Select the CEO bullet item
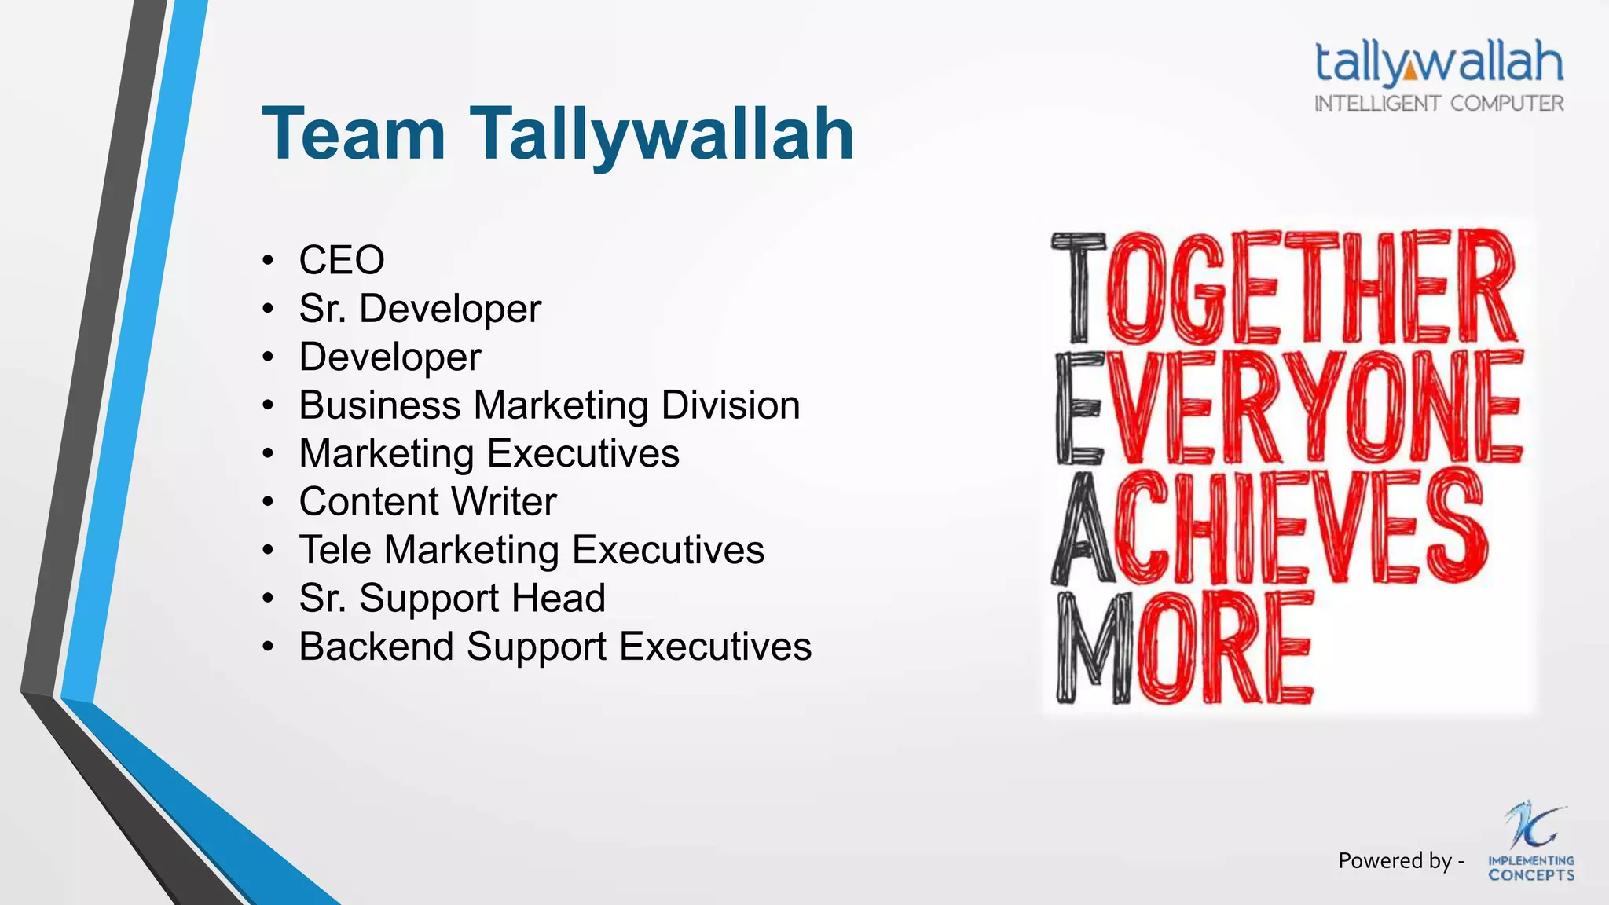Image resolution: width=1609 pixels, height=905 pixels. click(x=342, y=260)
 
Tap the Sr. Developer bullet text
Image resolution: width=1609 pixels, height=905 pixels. click(x=420, y=308)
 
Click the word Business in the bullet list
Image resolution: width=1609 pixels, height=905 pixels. click(x=379, y=405)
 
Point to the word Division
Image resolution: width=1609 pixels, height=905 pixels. click(x=730, y=405)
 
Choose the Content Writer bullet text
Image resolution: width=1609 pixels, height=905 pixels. click(x=427, y=502)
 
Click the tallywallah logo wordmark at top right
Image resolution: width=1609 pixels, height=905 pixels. click(x=1439, y=62)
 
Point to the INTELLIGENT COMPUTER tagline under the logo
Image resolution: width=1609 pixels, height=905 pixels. click(x=1439, y=104)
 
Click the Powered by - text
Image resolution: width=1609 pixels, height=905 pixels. click(x=1401, y=861)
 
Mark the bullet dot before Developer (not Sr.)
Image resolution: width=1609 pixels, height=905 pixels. click(x=269, y=357)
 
